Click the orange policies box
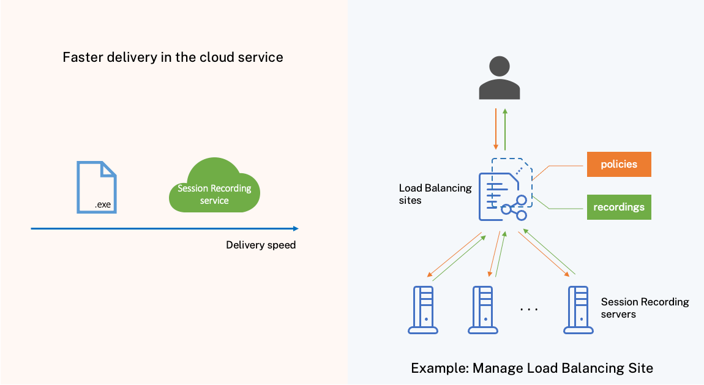coord(619,164)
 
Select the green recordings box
coord(619,207)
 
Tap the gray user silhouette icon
coord(499,78)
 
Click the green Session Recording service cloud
coord(214,187)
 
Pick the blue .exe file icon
coord(96,187)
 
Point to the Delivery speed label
coord(261,245)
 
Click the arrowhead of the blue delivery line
coord(296,228)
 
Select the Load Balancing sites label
coord(435,194)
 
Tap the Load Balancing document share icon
coord(505,190)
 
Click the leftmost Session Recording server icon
coord(423,310)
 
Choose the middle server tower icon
coord(483,310)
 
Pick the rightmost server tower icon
coord(578,310)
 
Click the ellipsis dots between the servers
coord(529,309)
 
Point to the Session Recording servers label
coord(645,308)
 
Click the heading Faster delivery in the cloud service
coord(173,58)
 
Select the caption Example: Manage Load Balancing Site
coord(531,368)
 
